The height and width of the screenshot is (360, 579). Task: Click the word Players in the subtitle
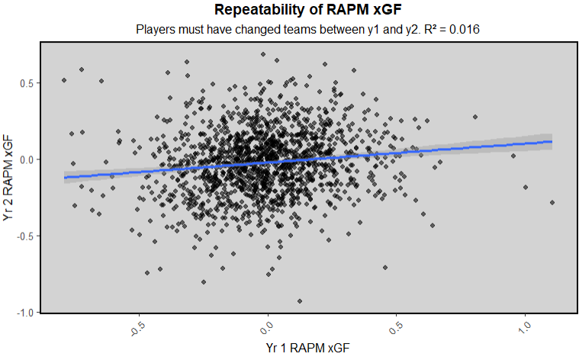[x=156, y=30]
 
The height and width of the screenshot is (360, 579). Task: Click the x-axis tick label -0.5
[x=138, y=329]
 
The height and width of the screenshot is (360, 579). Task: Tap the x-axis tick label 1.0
[x=526, y=329]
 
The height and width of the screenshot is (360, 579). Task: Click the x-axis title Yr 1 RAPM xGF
[x=309, y=348]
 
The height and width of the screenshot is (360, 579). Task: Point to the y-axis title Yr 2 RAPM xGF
[x=9, y=177]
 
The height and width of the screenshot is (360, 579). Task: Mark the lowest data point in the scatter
[x=300, y=301]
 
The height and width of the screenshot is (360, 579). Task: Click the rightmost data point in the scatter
[x=552, y=202]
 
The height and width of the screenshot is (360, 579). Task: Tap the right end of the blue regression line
[x=552, y=141]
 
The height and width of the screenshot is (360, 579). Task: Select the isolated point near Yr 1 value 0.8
[x=474, y=117]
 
